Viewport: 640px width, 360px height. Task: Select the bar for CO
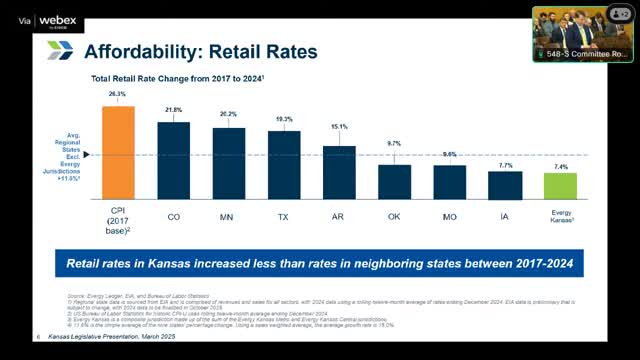click(x=173, y=161)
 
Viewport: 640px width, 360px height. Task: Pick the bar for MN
click(x=228, y=164)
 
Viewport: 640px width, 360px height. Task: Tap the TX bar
click(x=284, y=166)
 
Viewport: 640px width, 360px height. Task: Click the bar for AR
click(x=339, y=173)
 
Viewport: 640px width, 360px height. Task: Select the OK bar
click(x=394, y=183)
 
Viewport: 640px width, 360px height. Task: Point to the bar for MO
click(x=449, y=183)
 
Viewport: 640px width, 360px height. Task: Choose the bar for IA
click(x=505, y=186)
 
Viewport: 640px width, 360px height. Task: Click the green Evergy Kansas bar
click(x=560, y=187)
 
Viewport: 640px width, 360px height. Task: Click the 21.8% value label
click(x=173, y=110)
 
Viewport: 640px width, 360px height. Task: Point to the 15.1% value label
click(x=339, y=127)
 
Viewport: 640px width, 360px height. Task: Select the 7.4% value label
click(x=560, y=167)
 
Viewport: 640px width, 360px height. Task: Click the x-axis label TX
click(x=284, y=215)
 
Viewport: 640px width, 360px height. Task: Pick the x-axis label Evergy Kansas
click(x=560, y=219)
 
